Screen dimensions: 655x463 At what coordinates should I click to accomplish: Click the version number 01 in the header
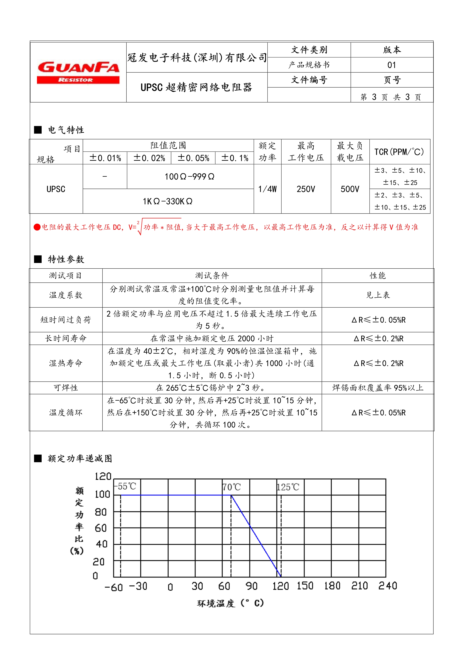point(392,65)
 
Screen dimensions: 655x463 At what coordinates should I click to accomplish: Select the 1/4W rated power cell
point(267,189)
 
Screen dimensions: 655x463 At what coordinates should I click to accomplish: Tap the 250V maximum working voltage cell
point(306,189)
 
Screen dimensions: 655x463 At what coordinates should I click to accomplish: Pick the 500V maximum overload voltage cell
point(350,189)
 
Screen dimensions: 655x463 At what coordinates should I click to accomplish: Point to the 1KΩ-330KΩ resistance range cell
point(168,201)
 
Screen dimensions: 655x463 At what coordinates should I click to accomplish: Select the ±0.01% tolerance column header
point(105,158)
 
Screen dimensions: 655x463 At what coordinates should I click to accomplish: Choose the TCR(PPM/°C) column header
point(399,152)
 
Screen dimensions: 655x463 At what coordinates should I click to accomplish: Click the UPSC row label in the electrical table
point(56,189)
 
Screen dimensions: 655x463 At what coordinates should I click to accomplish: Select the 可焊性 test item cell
point(66,388)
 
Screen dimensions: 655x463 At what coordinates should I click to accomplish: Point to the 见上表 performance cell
point(378,295)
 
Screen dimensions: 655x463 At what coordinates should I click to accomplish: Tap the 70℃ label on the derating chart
point(232,487)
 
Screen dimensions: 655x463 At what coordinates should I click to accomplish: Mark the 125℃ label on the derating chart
point(288,487)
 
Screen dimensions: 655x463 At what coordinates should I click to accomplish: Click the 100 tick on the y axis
point(102,494)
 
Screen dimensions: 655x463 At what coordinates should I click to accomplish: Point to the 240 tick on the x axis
point(387,586)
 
